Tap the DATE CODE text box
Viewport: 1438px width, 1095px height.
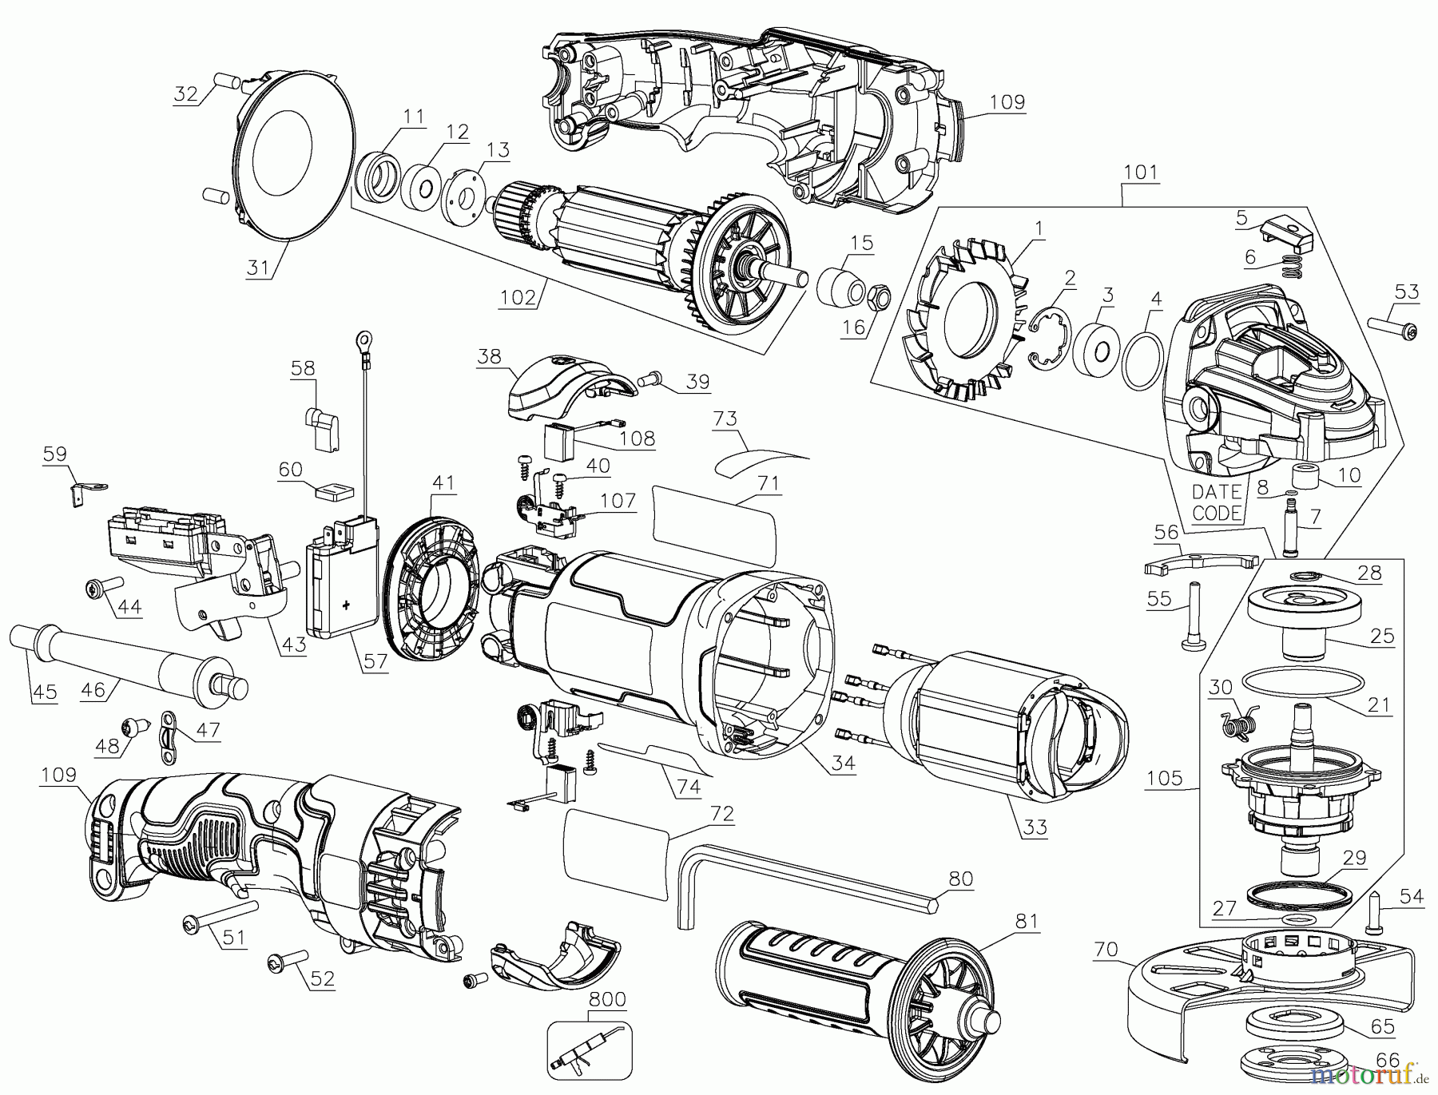pyautogui.click(x=1217, y=502)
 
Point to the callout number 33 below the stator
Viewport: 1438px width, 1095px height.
pyautogui.click(x=1035, y=827)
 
